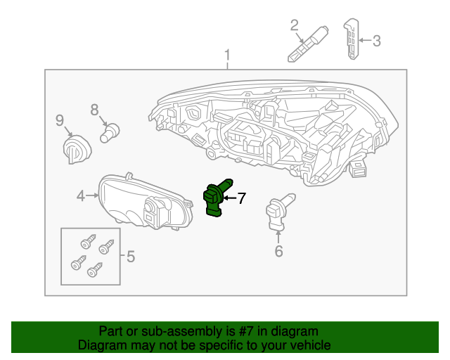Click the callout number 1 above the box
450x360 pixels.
point(227,56)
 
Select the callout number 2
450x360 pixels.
point(295,27)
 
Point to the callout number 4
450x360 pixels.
point(81,196)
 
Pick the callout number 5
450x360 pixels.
point(130,257)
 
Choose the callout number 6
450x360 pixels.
point(278,250)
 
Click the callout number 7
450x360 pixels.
point(241,198)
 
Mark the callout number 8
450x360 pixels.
point(95,109)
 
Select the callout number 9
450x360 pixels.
point(60,120)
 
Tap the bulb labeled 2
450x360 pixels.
point(307,45)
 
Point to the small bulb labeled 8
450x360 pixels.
point(110,131)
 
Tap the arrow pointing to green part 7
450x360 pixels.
point(230,199)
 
